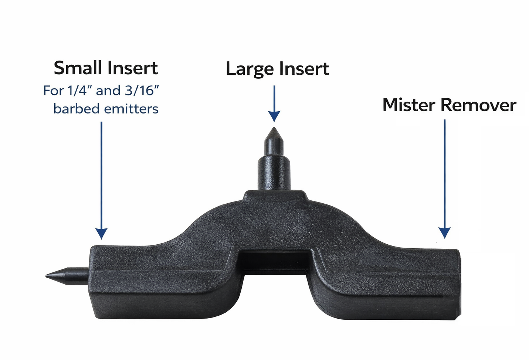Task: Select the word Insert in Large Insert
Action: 304,69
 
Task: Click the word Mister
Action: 409,105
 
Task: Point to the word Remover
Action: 478,105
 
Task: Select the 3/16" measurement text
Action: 142,91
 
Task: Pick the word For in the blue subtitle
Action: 53,91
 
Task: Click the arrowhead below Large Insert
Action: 274,116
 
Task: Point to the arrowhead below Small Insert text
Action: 101,234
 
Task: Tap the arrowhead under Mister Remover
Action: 445,233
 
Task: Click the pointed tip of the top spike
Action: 274,128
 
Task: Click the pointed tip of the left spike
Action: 46,275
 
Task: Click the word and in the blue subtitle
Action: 108,91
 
